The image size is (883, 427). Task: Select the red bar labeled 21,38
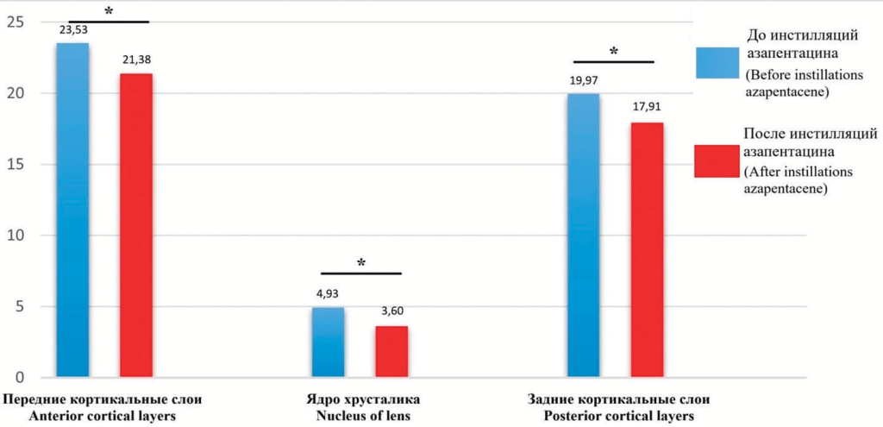(x=136, y=225)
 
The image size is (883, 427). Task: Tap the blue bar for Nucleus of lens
(x=328, y=342)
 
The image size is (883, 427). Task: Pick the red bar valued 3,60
(x=391, y=351)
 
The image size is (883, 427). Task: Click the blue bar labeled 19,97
(x=583, y=235)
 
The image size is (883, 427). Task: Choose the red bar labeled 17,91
(x=647, y=249)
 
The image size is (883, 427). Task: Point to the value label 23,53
(x=74, y=30)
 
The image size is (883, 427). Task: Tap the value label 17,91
(x=647, y=110)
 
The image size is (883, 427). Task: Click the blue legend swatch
(x=714, y=63)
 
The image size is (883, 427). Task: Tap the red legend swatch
(x=714, y=160)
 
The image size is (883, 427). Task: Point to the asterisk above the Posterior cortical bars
(x=614, y=52)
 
